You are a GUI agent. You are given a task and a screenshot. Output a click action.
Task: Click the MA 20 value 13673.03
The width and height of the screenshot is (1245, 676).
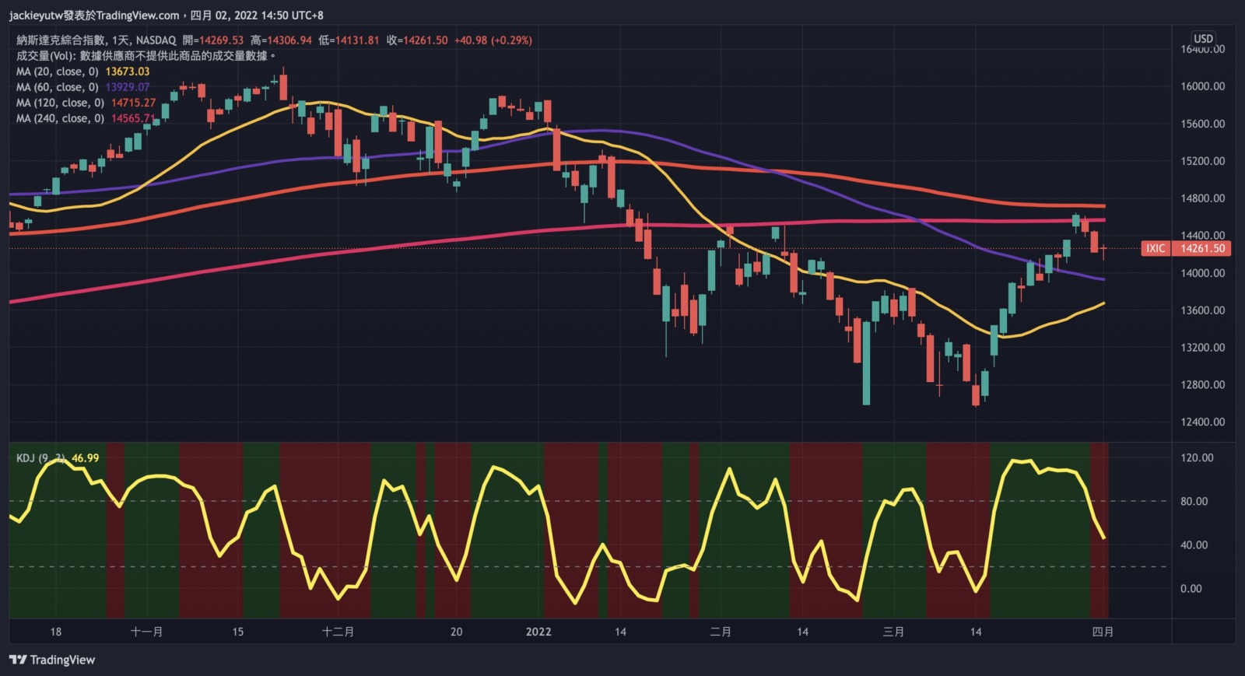pos(127,72)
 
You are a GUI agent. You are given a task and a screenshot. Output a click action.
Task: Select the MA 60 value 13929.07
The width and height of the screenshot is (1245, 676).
pos(127,87)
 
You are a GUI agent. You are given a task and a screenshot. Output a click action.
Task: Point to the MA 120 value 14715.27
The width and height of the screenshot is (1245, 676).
pos(133,103)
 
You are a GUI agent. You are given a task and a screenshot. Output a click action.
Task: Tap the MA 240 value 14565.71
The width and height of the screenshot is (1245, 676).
pos(133,118)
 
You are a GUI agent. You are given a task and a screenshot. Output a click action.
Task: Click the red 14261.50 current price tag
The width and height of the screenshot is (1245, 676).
pos(1202,249)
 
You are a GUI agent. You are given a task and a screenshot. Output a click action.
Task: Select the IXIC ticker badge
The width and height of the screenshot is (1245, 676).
pos(1156,249)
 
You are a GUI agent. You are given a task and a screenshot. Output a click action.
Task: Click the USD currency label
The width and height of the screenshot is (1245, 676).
pos(1203,38)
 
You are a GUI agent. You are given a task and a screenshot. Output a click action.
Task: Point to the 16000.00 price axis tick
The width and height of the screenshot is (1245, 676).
pos(1202,86)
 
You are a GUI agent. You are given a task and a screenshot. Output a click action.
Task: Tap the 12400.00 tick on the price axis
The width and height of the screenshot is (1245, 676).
pos(1202,422)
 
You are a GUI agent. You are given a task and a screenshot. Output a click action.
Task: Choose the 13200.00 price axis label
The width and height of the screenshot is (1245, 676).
pos(1202,348)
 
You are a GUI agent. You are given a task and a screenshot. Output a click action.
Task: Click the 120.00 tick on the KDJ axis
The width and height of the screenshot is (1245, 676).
pos(1197,458)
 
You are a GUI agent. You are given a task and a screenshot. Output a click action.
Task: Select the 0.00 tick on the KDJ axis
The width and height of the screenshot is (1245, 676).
pos(1191,589)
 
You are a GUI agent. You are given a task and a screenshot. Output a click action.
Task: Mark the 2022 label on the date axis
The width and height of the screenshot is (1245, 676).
pos(538,632)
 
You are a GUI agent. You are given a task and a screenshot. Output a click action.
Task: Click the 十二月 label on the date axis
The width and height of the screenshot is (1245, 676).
pos(338,632)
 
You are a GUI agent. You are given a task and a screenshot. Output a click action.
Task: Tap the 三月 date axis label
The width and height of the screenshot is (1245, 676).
pos(893,632)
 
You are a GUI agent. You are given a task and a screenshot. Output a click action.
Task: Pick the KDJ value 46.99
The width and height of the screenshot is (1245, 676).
pos(85,458)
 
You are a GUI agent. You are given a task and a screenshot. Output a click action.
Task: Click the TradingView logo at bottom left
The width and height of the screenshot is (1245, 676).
pos(52,660)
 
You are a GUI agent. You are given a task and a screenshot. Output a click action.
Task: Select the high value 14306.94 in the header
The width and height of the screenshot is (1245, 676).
pos(289,40)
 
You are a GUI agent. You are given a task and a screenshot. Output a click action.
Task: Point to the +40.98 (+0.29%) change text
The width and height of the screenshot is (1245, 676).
pos(493,40)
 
